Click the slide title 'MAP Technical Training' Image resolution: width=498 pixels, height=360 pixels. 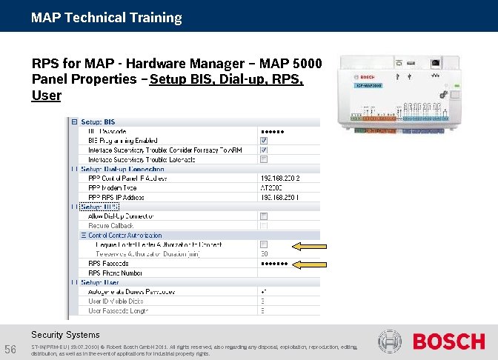pos(106,17)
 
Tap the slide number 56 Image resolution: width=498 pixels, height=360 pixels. pos(10,349)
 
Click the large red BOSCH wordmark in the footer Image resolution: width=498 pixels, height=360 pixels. pos(448,342)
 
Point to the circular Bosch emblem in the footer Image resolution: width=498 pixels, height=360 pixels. pos(390,342)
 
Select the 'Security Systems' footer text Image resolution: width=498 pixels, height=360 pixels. pos(65,335)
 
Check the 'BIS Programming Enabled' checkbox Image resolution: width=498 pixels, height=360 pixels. pos(264,141)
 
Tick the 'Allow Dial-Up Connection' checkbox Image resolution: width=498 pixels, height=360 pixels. pos(264,216)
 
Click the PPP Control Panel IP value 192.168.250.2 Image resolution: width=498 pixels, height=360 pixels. pos(280,179)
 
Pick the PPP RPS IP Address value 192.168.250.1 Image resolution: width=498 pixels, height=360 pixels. pos(280,198)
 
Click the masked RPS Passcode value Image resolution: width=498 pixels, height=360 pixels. pos(273,263)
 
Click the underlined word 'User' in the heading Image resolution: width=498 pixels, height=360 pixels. pos(46,96)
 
